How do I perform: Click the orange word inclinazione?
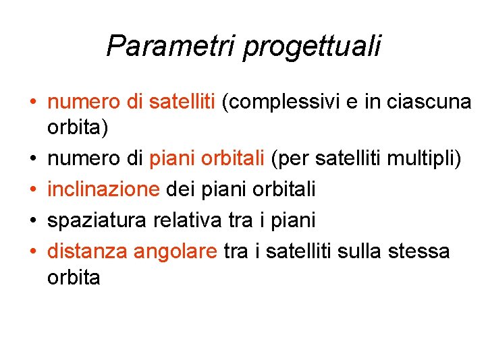point(103,190)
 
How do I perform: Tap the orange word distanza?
point(88,251)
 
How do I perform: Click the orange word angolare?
point(175,252)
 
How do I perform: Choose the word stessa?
point(419,251)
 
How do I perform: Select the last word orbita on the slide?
point(74,277)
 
